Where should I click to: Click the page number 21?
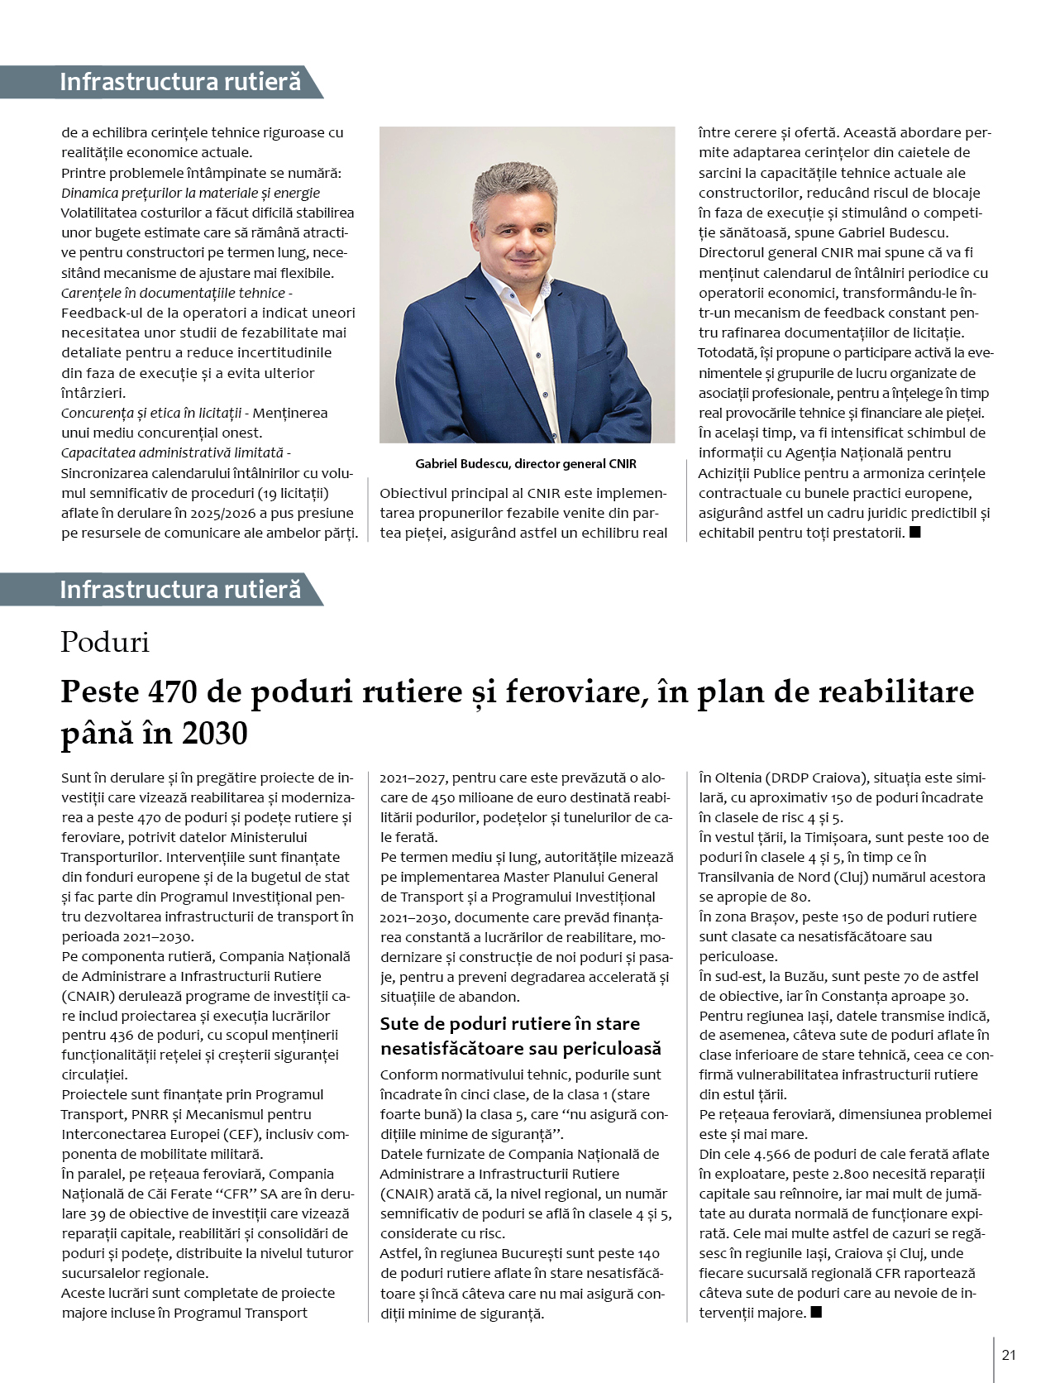[1008, 1355]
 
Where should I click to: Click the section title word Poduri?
[105, 643]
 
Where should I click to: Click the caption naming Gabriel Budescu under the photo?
[526, 464]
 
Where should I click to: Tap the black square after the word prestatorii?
[914, 533]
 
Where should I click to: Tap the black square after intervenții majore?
[816, 1312]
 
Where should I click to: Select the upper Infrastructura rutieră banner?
[180, 82]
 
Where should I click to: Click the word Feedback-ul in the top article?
[101, 313]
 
